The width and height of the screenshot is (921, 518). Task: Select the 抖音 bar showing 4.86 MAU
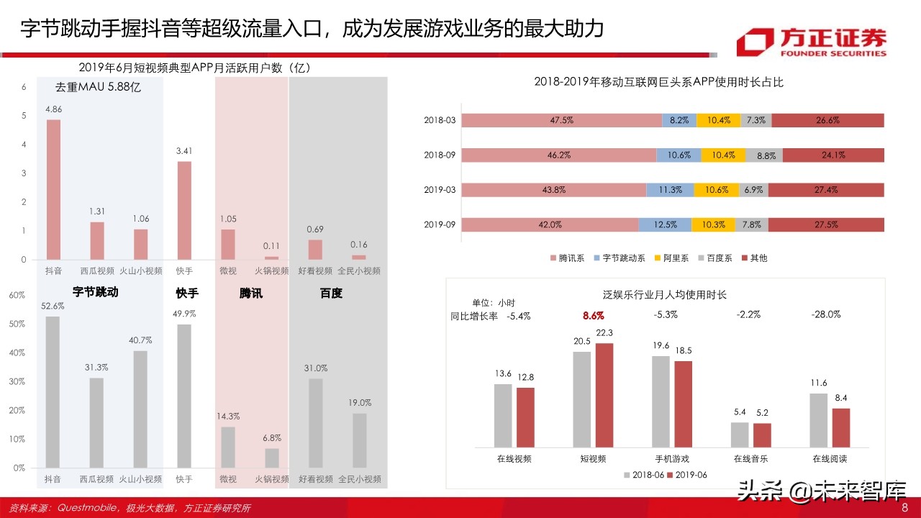pyautogui.click(x=53, y=189)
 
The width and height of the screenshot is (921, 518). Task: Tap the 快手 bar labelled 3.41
pyautogui.click(x=184, y=210)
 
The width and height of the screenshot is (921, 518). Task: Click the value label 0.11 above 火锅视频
pyautogui.click(x=271, y=246)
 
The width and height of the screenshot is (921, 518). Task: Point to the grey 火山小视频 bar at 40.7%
pyautogui.click(x=140, y=409)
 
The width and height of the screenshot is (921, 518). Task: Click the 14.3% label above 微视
pyautogui.click(x=227, y=417)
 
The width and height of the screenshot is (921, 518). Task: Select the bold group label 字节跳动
pyautogui.click(x=95, y=293)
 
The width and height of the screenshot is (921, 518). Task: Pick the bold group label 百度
pyautogui.click(x=331, y=293)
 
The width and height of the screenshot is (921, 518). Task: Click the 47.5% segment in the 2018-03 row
pyautogui.click(x=561, y=120)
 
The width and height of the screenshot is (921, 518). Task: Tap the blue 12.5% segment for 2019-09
pyautogui.click(x=665, y=224)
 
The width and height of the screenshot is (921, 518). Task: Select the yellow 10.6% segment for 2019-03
pyautogui.click(x=717, y=190)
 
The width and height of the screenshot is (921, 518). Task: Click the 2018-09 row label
pyautogui.click(x=439, y=155)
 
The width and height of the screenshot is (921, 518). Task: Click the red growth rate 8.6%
pyautogui.click(x=594, y=316)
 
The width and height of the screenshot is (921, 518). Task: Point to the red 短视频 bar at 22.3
pyautogui.click(x=605, y=395)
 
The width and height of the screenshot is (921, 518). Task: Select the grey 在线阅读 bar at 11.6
pyautogui.click(x=819, y=420)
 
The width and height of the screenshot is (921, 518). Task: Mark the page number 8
pyautogui.click(x=905, y=508)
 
